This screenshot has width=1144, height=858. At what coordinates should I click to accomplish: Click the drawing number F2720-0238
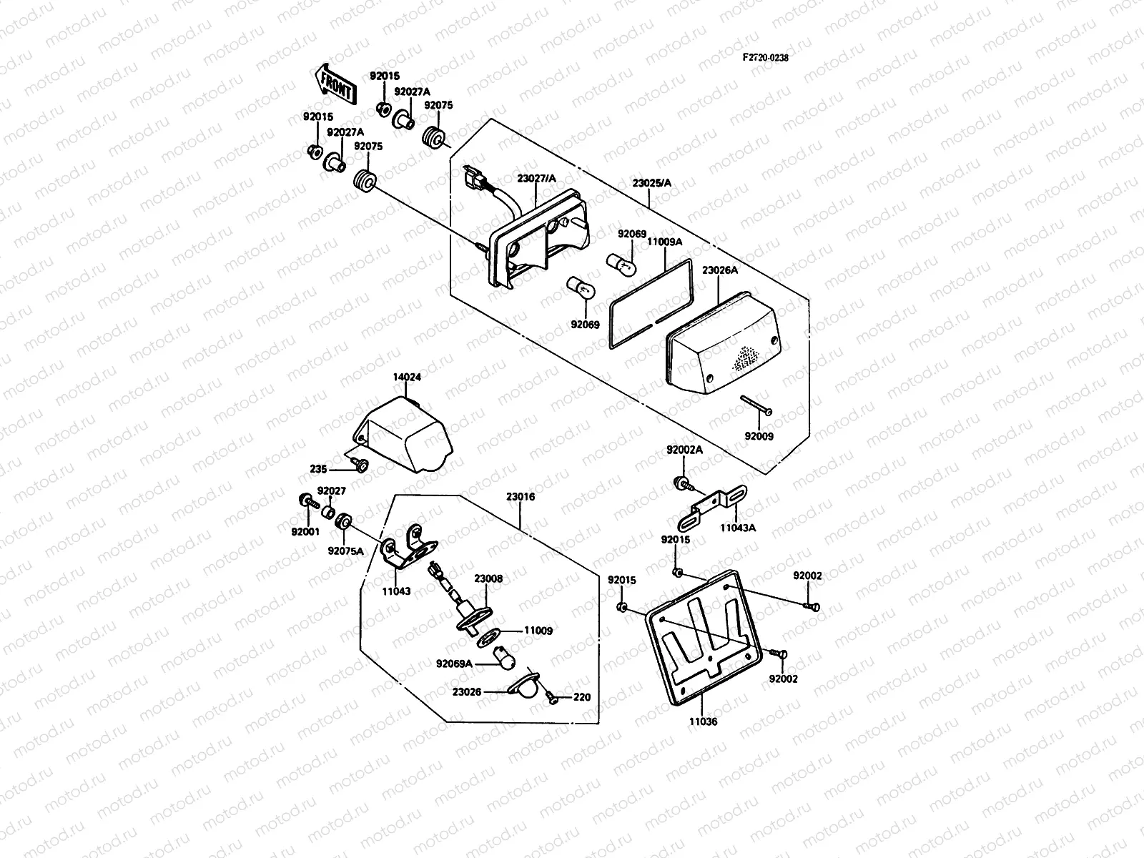click(765, 58)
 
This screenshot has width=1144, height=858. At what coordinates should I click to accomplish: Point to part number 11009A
click(664, 242)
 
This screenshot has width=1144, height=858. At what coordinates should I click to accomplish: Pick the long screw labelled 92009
click(756, 405)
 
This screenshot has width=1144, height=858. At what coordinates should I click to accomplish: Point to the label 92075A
click(345, 551)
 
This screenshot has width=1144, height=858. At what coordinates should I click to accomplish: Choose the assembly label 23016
click(521, 496)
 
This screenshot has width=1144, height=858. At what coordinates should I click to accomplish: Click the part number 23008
click(488, 580)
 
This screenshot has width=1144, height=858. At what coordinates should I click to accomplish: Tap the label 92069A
click(454, 664)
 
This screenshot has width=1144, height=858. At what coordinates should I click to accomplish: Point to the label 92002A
click(684, 450)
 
